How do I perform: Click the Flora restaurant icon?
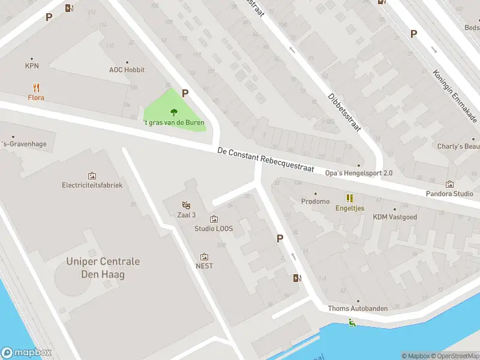click(x=36, y=87)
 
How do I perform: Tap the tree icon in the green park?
click(x=174, y=112)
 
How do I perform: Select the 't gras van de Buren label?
click(x=174, y=122)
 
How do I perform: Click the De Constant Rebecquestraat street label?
click(x=266, y=160)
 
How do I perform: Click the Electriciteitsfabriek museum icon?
click(x=92, y=176)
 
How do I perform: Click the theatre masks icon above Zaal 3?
click(x=186, y=205)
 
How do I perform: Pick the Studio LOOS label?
click(x=214, y=229)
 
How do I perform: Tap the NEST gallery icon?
click(x=204, y=257)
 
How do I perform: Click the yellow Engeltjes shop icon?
click(x=349, y=198)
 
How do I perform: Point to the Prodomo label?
click(x=316, y=202)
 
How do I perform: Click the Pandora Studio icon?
click(x=449, y=184)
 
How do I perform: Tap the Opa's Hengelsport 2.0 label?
click(x=359, y=173)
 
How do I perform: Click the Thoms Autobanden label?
click(x=358, y=308)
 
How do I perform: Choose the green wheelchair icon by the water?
click(x=352, y=323)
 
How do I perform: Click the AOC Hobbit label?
click(x=127, y=70)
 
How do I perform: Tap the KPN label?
click(x=32, y=66)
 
